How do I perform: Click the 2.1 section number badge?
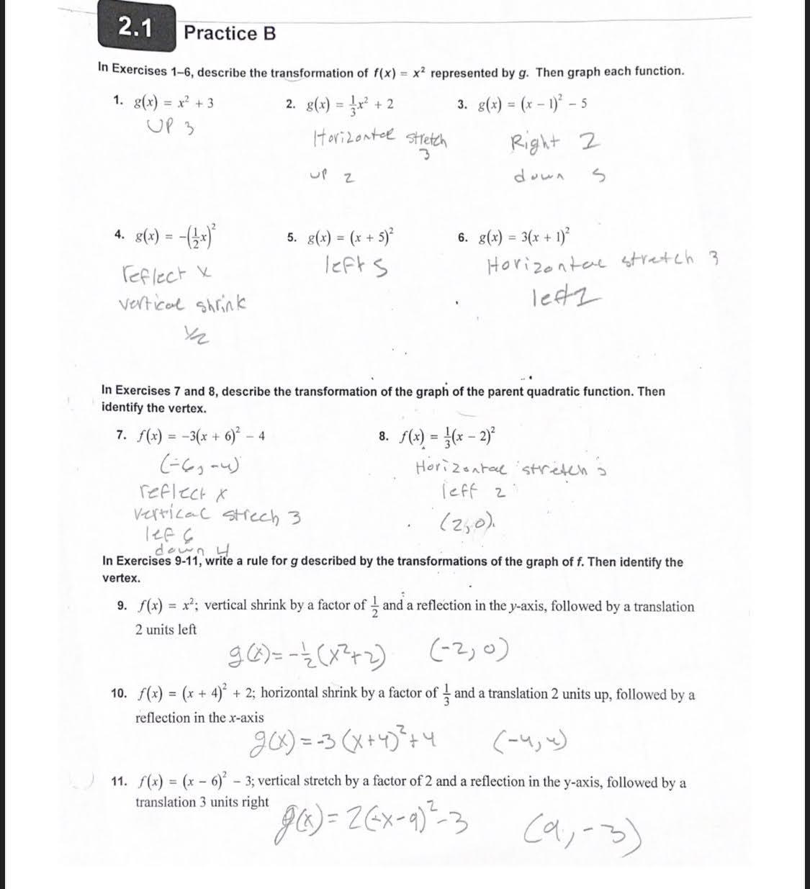tap(137, 28)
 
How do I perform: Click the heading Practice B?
tap(230, 33)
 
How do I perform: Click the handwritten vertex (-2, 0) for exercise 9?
tap(472, 652)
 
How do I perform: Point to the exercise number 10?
tap(119, 694)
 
